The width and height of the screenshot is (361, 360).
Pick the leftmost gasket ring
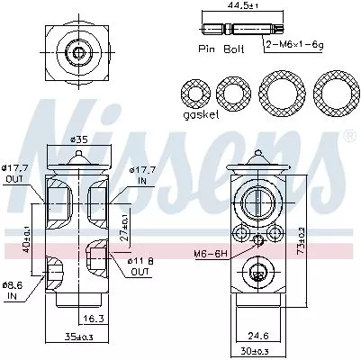(196, 94)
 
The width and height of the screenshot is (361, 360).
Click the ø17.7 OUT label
(15, 173)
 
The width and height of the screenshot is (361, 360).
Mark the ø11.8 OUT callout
(142, 266)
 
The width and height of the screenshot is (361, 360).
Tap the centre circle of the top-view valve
(78, 52)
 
